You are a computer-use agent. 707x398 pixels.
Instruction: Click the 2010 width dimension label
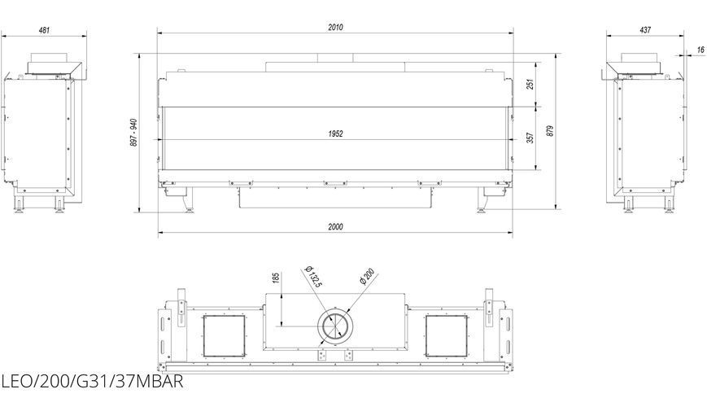[335, 27]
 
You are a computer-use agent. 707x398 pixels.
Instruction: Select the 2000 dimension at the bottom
[335, 226]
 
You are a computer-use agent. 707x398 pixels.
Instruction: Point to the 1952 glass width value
[335, 133]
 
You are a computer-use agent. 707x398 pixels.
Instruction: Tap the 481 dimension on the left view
[44, 30]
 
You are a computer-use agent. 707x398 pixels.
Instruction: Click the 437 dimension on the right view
[645, 30]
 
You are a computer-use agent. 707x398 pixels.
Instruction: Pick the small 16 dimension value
[700, 50]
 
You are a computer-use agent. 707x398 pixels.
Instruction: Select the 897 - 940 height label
[134, 132]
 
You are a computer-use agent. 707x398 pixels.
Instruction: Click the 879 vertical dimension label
[549, 131]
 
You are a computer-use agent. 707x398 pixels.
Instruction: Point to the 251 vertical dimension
[530, 84]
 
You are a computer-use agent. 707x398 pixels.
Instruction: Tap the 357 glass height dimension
[530, 138]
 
